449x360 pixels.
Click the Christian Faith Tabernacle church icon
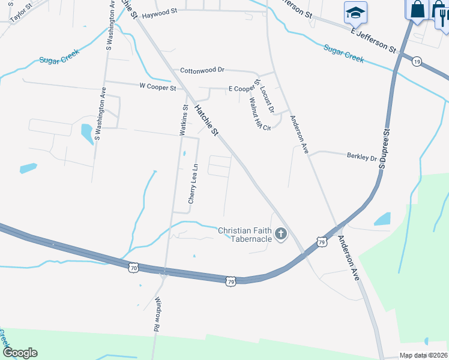(280, 234)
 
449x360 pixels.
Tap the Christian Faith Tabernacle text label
(246, 235)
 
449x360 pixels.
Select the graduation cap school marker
(355, 12)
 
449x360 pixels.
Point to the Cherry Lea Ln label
(193, 184)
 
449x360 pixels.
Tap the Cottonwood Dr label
(202, 70)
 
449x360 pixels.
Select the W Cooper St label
(157, 87)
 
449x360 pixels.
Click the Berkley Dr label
(361, 157)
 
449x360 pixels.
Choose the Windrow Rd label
(158, 315)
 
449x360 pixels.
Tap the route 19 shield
(417, 61)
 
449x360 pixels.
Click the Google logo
(19, 353)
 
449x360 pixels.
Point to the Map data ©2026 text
(423, 355)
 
